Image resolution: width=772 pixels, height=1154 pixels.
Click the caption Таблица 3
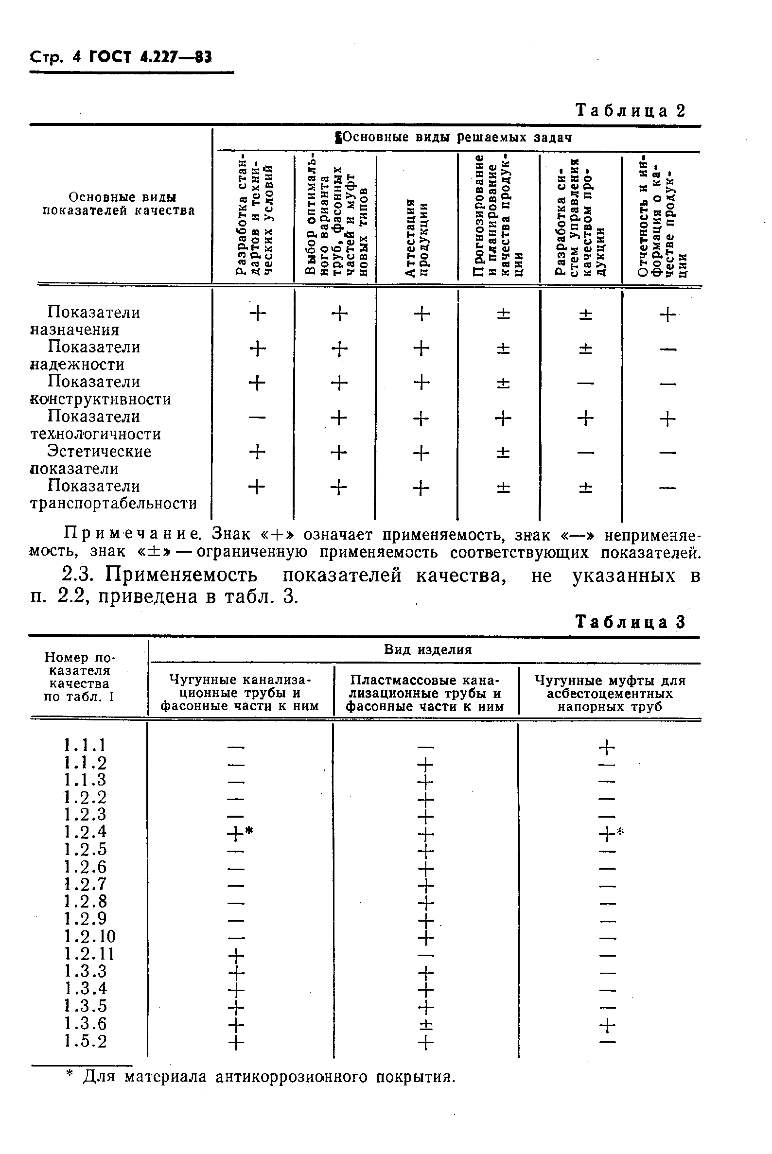630,622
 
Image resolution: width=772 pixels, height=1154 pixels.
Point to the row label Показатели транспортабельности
113,495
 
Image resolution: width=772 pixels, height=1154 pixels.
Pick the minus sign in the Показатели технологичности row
257,418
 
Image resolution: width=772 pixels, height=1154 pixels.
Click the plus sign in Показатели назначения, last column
667,315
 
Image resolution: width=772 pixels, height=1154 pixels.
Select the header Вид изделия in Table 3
427,650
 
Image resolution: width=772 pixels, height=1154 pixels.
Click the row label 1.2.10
89,936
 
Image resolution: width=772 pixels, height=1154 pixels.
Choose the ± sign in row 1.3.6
426,1025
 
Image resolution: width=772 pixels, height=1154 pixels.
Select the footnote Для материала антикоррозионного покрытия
268,1078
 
